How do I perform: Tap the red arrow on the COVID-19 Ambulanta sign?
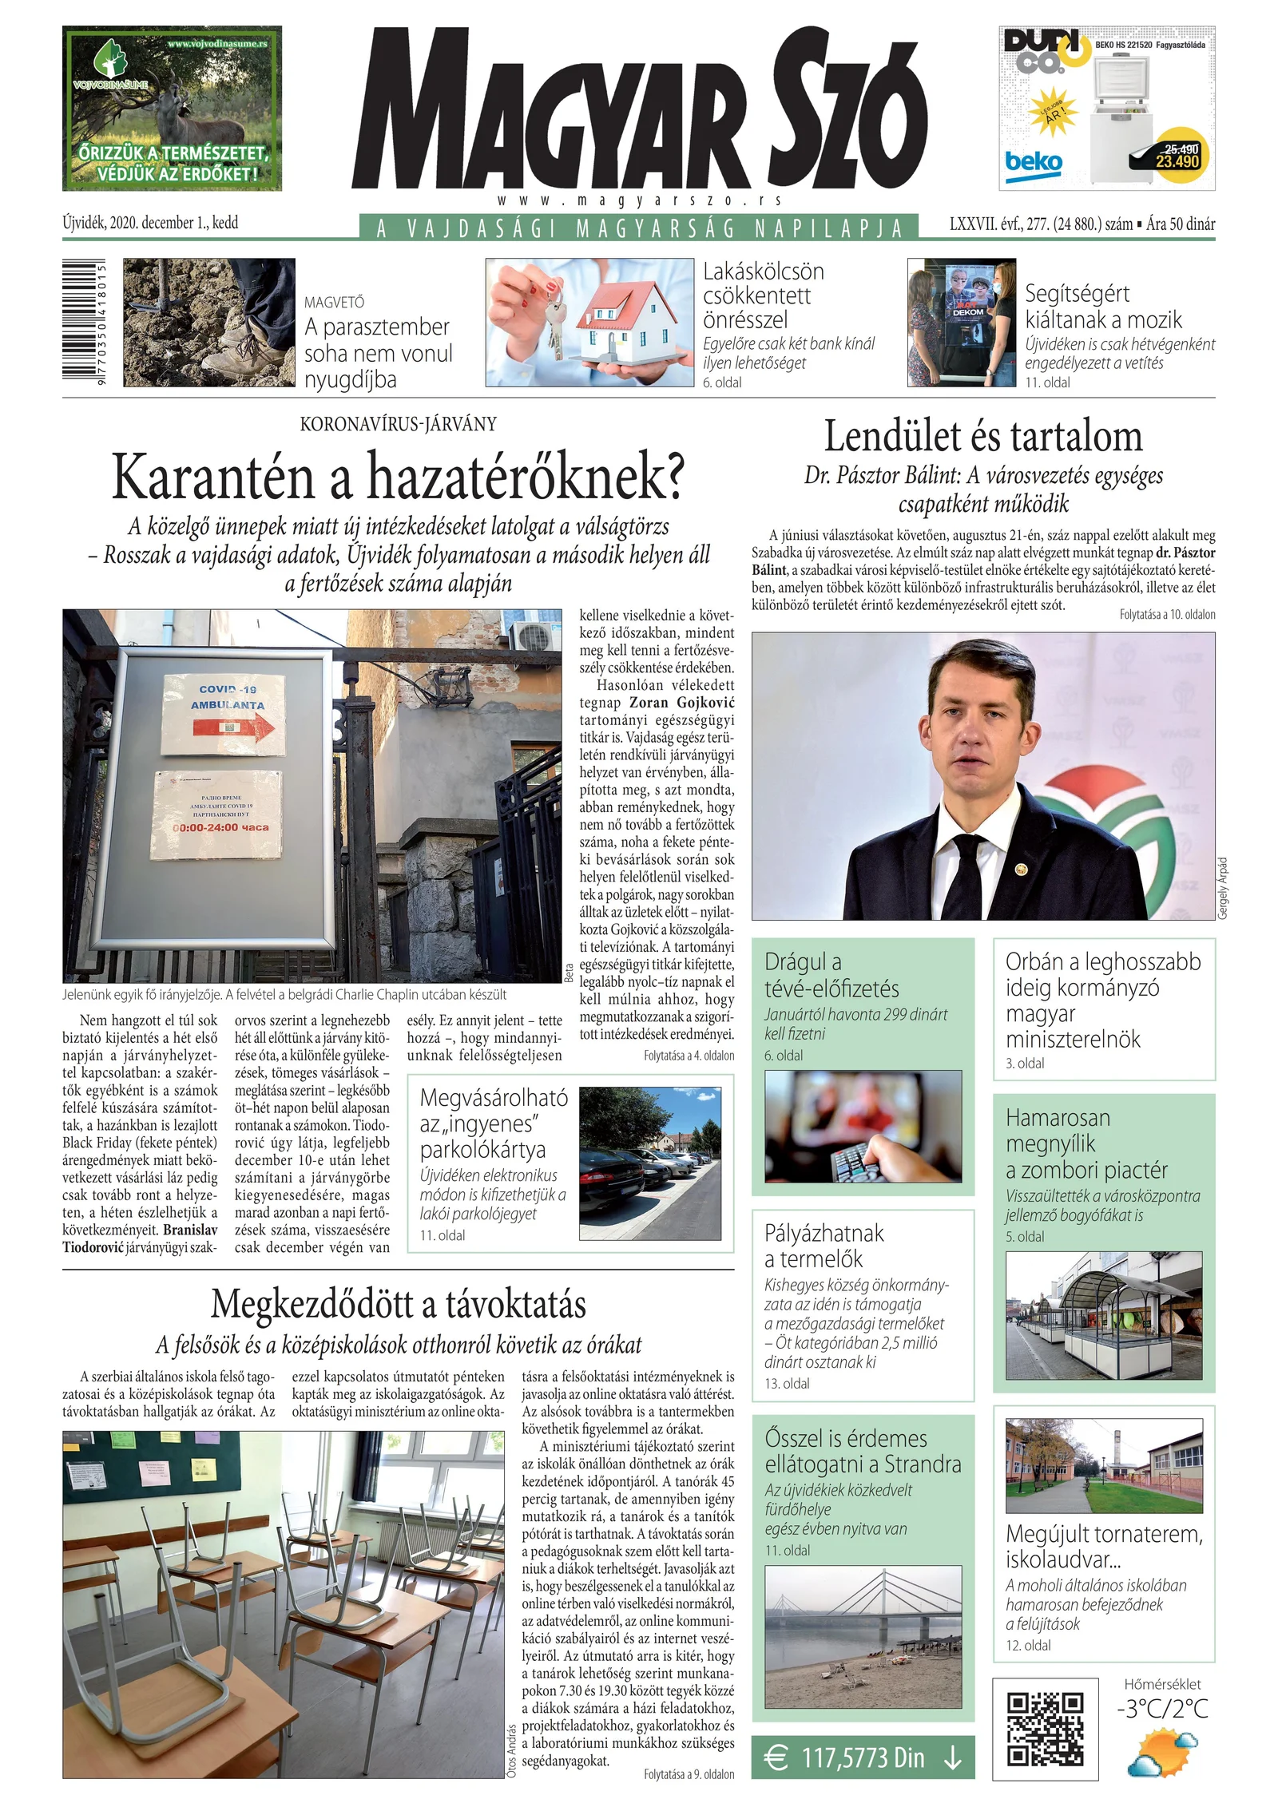click(x=234, y=727)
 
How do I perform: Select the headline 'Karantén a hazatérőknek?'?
click(x=398, y=477)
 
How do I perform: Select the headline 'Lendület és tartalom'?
click(x=982, y=437)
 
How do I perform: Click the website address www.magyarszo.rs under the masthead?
click(x=639, y=201)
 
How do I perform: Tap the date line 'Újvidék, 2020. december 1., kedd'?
click(x=150, y=223)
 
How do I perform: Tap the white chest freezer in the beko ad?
click(x=1121, y=129)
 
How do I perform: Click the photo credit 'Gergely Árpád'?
click(x=1222, y=888)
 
